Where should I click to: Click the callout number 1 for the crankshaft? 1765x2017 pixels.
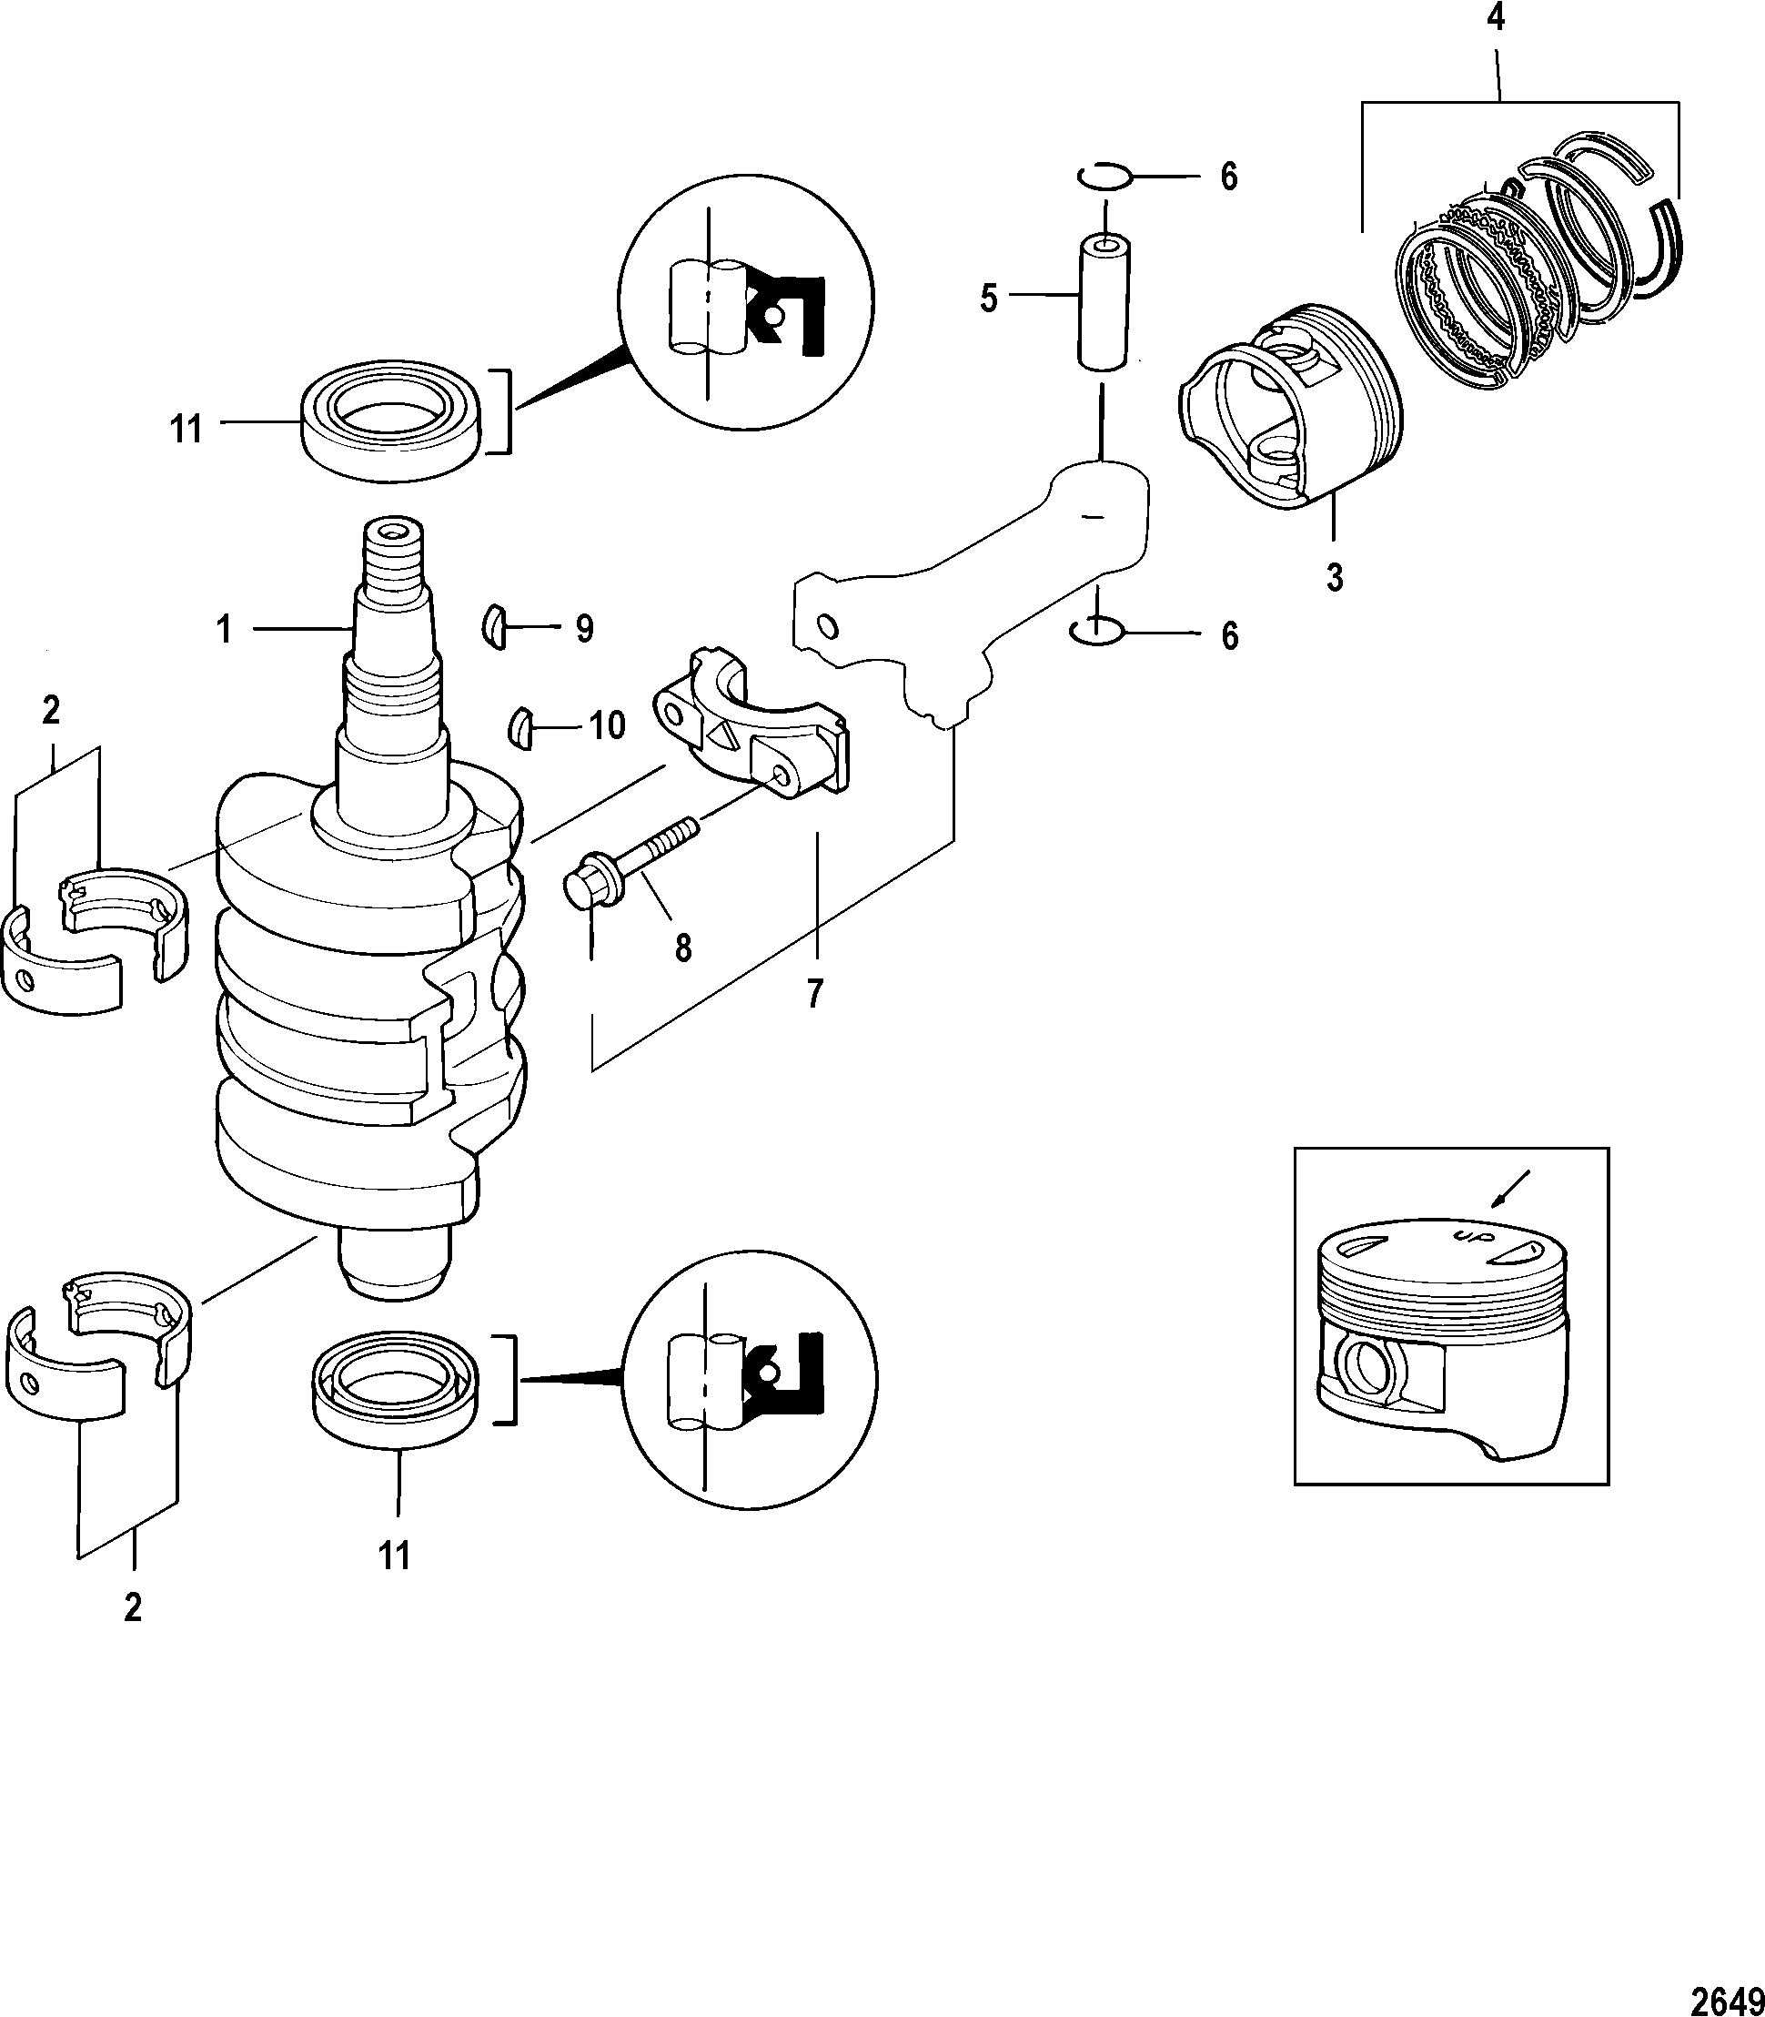225,630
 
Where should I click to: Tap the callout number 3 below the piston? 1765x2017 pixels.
1335,577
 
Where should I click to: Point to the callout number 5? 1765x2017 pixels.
989,298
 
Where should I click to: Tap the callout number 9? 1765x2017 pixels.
585,630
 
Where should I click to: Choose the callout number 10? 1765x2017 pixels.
607,726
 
